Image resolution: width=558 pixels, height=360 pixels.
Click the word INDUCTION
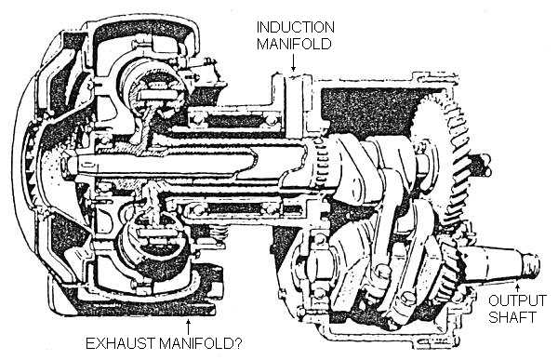point(296,27)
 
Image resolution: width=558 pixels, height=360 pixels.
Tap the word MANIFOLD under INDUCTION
point(294,44)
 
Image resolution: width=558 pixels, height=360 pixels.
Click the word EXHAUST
point(120,343)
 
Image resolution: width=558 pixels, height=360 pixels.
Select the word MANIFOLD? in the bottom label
point(200,343)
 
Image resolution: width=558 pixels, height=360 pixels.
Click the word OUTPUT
point(517,300)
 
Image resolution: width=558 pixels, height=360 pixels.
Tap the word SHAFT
point(512,317)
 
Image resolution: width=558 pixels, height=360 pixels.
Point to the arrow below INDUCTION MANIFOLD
point(293,62)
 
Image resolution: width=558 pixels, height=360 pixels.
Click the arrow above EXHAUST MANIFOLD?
point(188,327)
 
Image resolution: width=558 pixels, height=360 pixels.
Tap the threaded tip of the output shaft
point(531,266)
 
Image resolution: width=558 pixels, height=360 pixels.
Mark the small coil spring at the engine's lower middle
point(219,235)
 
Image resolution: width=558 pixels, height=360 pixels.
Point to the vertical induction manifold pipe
point(294,107)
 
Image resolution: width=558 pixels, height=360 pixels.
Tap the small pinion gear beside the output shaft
point(449,271)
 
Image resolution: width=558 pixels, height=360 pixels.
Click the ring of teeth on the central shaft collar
point(322,163)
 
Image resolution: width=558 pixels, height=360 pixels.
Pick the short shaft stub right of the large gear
point(481,165)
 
